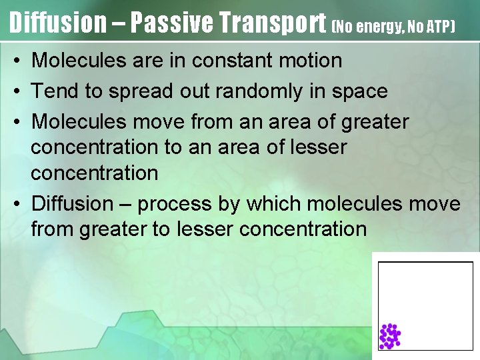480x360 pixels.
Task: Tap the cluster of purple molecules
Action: tap(389, 336)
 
